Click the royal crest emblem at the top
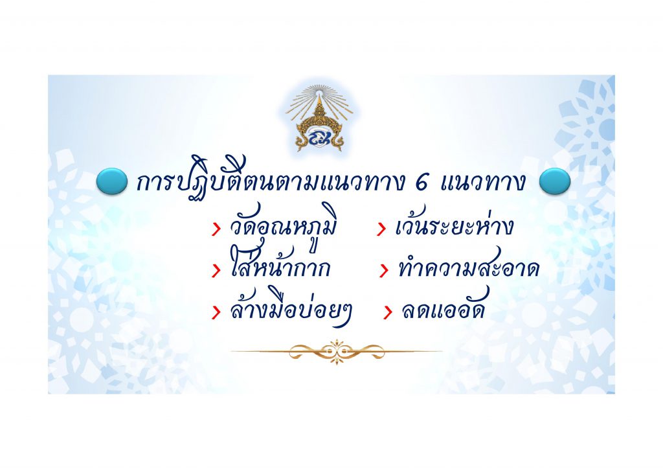click(319, 119)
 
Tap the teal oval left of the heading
click(111, 181)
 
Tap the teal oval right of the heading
click(555, 181)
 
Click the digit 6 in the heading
click(421, 182)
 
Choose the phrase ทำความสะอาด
click(469, 268)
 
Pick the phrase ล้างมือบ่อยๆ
click(291, 309)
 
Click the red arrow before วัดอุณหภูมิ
click(216, 229)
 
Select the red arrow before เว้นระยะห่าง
click(381, 229)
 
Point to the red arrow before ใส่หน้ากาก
click(216, 271)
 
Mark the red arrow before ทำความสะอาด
click(384, 271)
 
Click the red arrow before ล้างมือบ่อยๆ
click(216, 312)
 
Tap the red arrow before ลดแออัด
click(387, 312)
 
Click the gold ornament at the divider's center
click(337, 351)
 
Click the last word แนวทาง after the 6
click(483, 183)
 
